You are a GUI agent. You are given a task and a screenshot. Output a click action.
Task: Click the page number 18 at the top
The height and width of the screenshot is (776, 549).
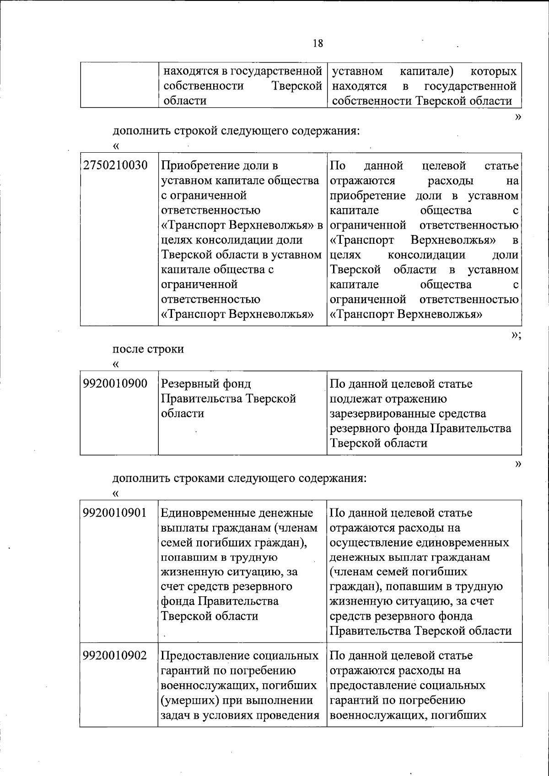point(318,43)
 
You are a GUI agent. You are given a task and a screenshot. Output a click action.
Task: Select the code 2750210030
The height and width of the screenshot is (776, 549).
point(115,166)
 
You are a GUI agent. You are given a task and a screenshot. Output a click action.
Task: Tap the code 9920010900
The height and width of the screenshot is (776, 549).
point(115,384)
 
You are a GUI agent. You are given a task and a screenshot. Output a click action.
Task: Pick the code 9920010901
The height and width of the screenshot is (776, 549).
point(115,513)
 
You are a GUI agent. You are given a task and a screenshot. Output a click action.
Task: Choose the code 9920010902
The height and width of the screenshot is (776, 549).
point(115,655)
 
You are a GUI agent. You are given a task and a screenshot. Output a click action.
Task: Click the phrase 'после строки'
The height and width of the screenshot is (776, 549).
point(148,349)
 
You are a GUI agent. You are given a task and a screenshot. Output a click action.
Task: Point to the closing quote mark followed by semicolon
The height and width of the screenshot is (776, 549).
point(516,335)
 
